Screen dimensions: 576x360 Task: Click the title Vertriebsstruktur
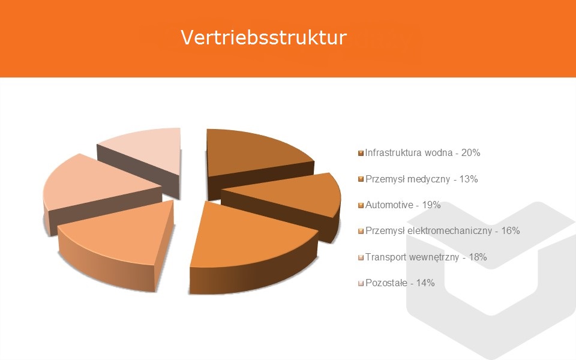[x=264, y=37]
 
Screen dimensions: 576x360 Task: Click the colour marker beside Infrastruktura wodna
[x=361, y=153]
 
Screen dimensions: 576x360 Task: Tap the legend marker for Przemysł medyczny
[x=361, y=179]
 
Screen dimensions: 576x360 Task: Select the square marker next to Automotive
[x=361, y=205]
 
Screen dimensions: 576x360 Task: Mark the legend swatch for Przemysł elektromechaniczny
[x=361, y=231]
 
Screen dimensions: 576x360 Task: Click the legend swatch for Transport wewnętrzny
[x=361, y=257]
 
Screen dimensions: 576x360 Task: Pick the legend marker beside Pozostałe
[x=361, y=283]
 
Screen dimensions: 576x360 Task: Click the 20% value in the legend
[x=470, y=152]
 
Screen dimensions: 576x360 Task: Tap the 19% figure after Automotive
[x=431, y=205]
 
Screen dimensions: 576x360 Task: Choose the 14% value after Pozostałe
[x=425, y=283]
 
